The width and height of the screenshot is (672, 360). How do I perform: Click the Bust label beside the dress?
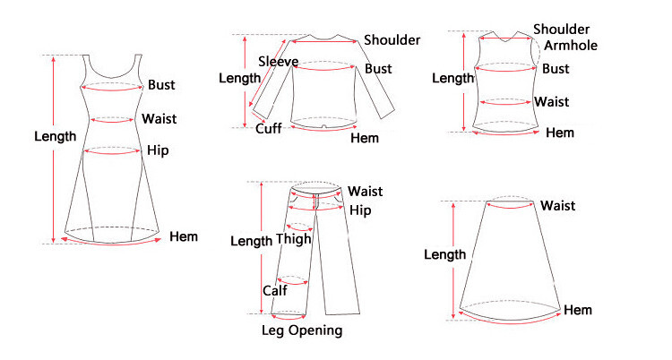point(161,85)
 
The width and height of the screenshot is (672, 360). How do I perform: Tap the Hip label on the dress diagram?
point(158,150)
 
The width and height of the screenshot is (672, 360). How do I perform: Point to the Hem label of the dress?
point(183,237)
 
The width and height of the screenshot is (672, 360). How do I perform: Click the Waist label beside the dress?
point(159,118)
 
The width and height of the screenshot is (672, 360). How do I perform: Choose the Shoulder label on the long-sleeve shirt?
point(392,39)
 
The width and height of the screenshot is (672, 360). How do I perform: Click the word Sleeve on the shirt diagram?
point(278,61)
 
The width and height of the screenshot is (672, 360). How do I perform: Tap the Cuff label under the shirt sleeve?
point(269,128)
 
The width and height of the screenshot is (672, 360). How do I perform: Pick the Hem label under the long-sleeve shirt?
point(365,138)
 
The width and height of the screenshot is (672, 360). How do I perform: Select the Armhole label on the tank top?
point(571,46)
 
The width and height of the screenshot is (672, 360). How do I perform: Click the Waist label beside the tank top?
point(551,100)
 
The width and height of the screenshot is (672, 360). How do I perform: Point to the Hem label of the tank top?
point(560,133)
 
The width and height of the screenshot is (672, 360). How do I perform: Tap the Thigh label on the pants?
point(294,239)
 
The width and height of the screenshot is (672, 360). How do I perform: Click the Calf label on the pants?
point(274,291)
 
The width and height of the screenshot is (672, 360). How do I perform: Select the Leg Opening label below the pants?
point(301,330)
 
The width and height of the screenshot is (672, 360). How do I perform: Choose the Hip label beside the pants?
point(360,210)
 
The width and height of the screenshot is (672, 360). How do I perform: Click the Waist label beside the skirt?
point(557,206)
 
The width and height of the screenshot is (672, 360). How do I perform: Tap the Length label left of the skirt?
point(444,254)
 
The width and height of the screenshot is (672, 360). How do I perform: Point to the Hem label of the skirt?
point(578,310)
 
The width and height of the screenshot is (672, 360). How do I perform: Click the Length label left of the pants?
point(251,241)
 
